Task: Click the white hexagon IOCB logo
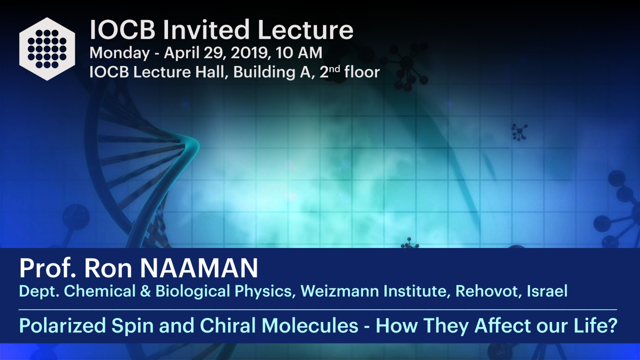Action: [47, 49]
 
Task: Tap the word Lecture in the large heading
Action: [306, 30]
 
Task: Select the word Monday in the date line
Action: [120, 53]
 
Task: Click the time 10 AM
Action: [299, 53]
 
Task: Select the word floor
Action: [362, 72]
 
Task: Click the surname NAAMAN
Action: [199, 268]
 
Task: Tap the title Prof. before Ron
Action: [48, 268]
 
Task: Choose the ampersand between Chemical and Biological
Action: [146, 291]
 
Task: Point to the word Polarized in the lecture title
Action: [62, 326]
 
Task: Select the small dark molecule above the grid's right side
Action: [519, 132]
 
